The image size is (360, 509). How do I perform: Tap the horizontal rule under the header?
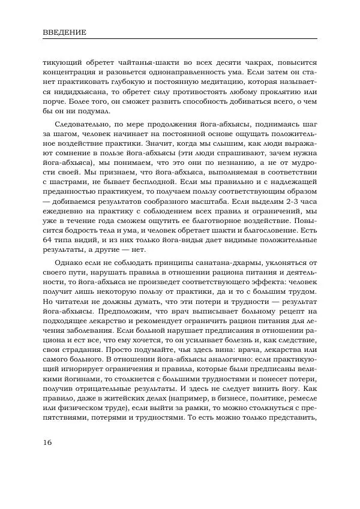[x=180, y=38]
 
